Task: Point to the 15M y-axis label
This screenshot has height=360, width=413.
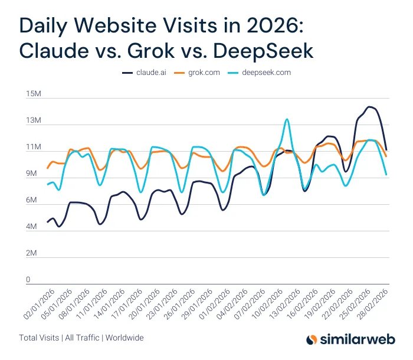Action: point(33,94)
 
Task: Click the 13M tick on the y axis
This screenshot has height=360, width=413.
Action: point(33,121)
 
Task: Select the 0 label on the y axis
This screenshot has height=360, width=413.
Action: point(28,280)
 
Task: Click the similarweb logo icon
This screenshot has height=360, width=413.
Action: point(313,339)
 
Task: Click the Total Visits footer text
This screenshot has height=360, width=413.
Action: point(39,338)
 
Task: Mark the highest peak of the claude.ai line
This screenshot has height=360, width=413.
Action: point(369,107)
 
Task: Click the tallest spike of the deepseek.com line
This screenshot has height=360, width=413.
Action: point(287,119)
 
